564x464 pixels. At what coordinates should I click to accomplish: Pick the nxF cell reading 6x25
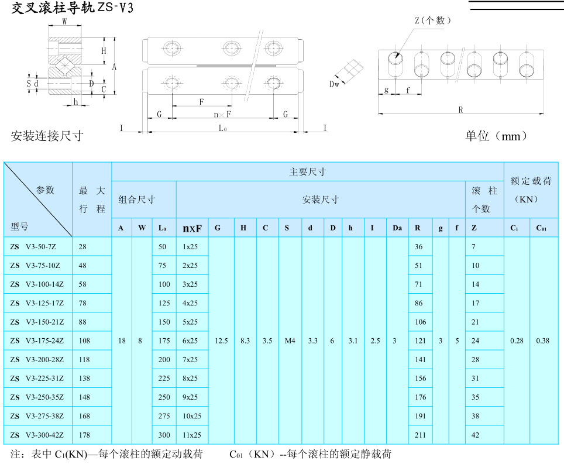[190, 341]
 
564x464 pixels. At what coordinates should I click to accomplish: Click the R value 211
[419, 435]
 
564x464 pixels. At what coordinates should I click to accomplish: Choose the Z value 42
[476, 435]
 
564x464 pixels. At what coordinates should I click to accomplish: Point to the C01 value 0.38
[543, 341]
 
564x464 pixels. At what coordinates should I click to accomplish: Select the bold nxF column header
[192, 228]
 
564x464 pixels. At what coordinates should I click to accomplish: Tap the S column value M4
[290, 341]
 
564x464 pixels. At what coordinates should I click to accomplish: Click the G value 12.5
[221, 341]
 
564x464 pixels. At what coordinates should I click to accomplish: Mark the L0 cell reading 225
[164, 379]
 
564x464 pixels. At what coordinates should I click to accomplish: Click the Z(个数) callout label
[433, 20]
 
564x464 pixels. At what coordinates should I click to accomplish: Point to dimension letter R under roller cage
[460, 109]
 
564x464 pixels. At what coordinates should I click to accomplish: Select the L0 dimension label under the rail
[222, 128]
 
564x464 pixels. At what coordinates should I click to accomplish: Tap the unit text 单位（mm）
[496, 136]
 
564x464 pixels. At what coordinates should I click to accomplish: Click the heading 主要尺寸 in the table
[307, 172]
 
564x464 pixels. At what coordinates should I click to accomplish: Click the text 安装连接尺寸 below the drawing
[47, 136]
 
